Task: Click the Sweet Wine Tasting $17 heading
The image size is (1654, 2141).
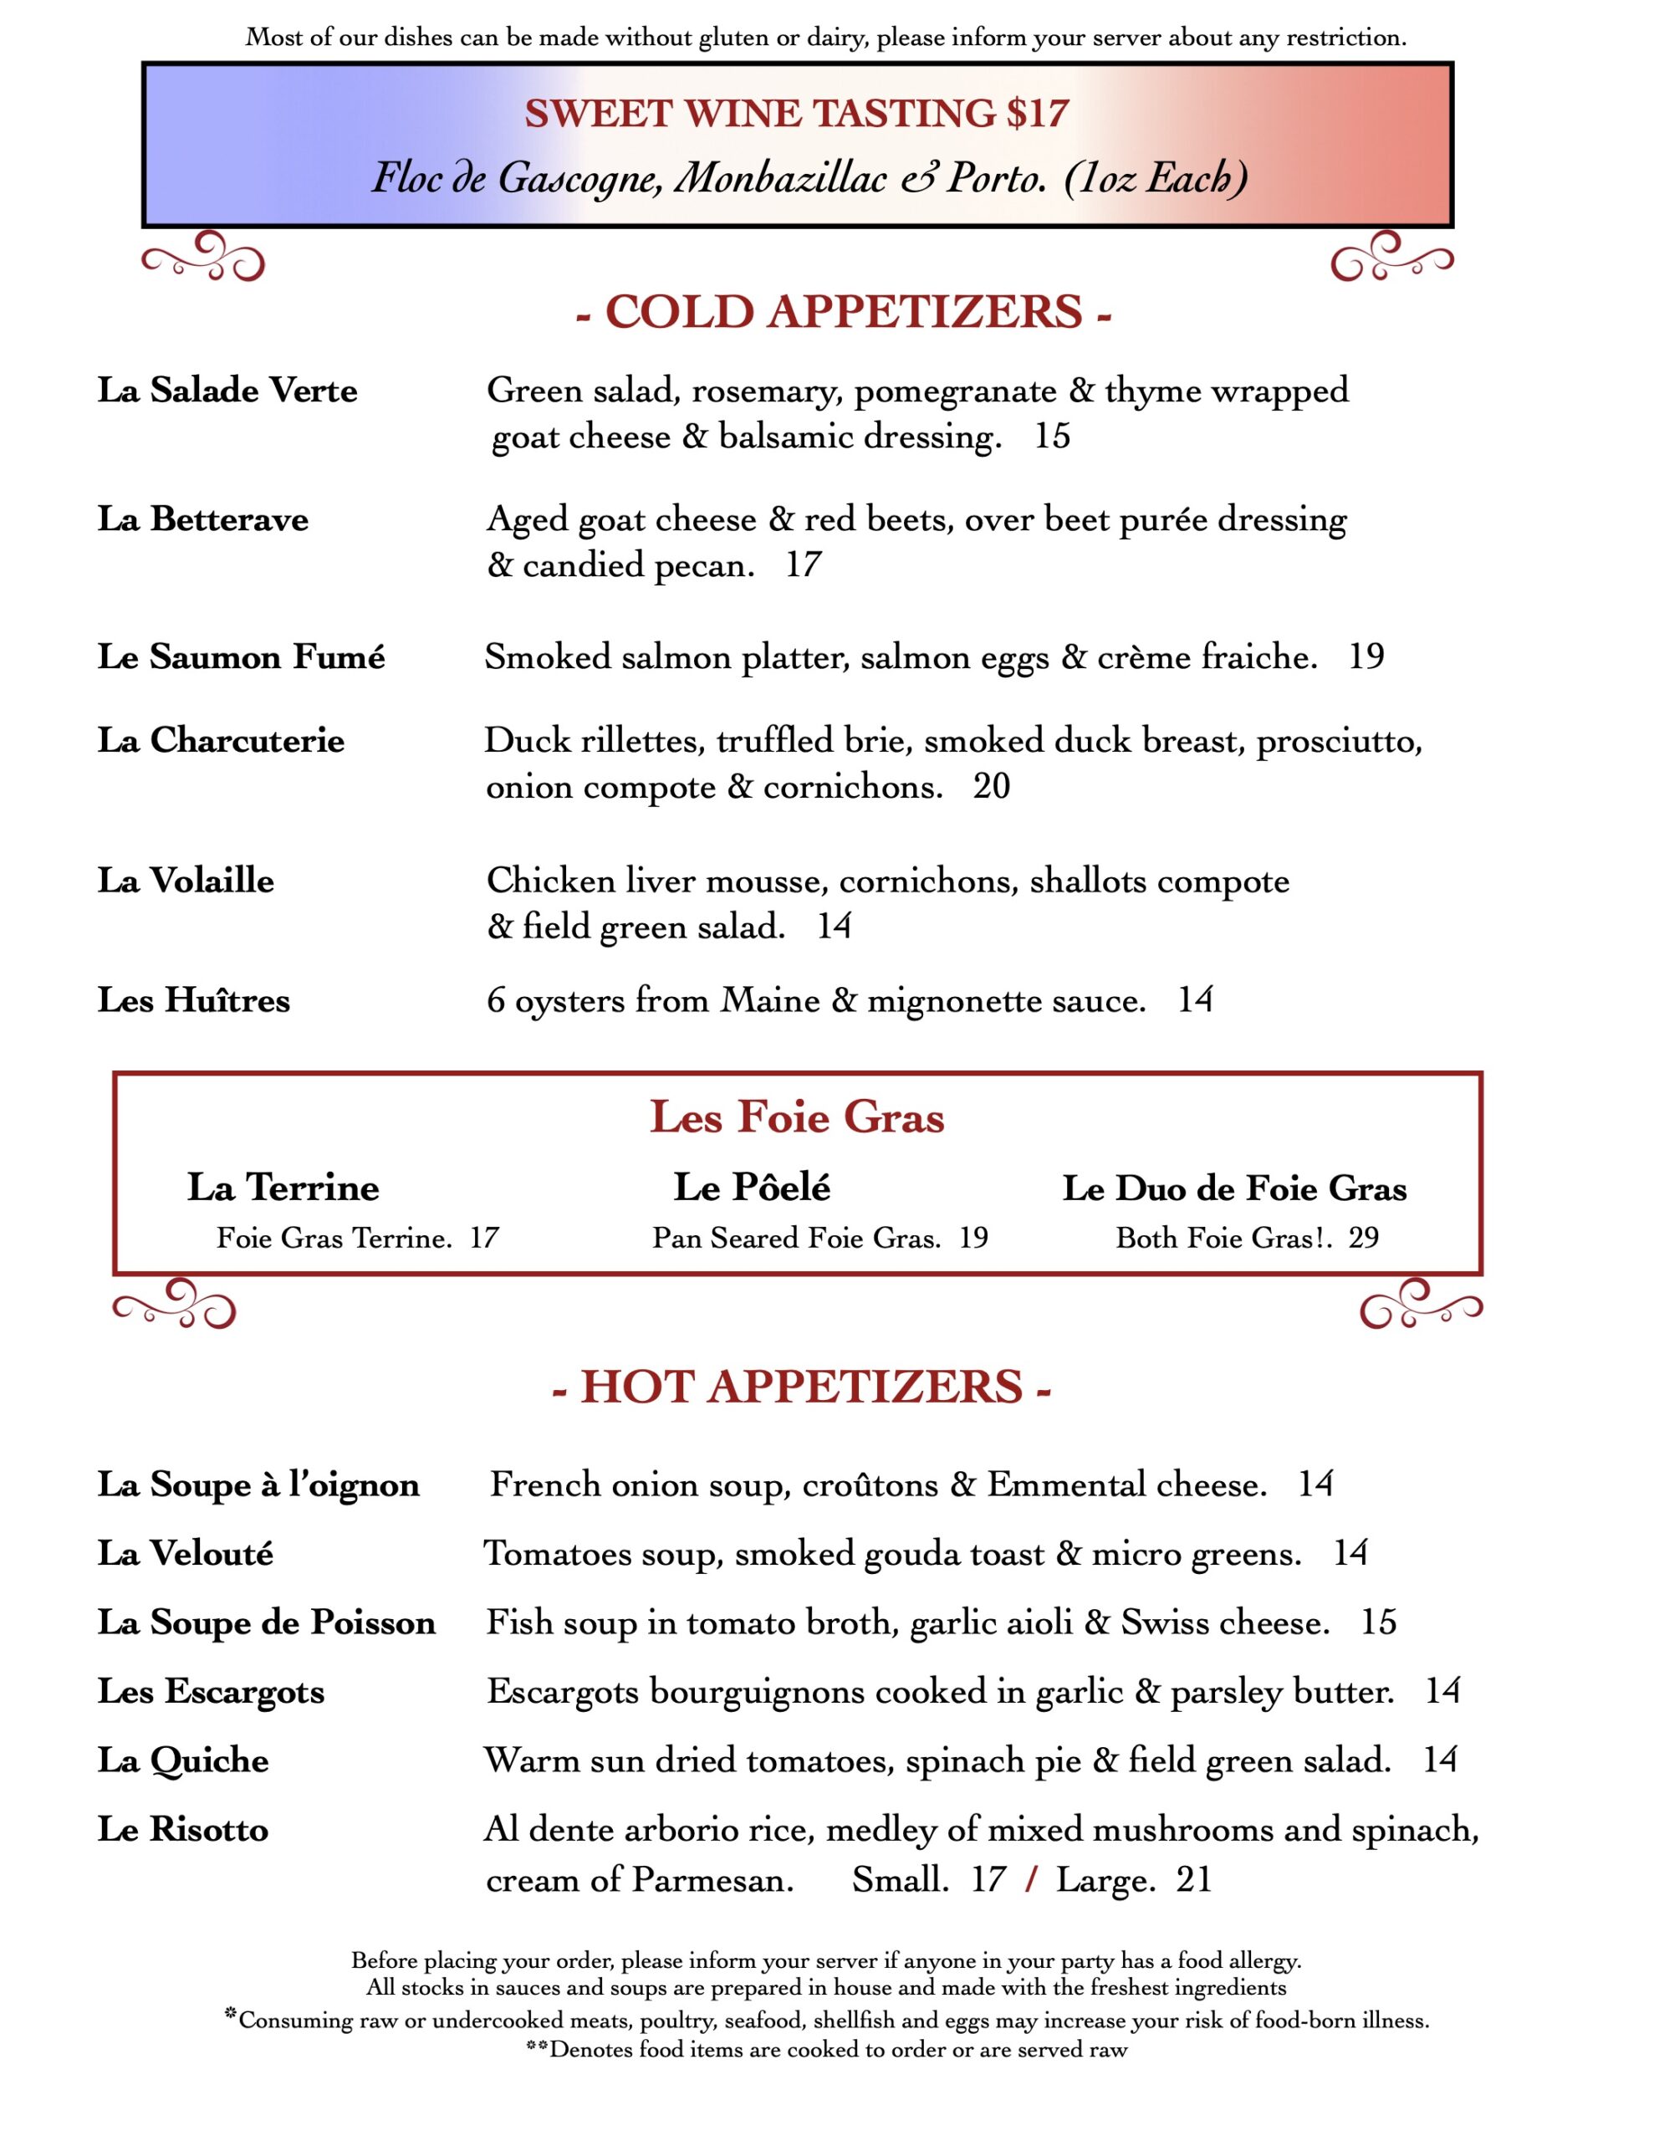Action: pos(796,114)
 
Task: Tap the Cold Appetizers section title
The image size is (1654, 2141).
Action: pos(843,313)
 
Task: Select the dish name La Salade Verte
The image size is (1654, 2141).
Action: pos(227,391)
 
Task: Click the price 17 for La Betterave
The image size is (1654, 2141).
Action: pos(803,565)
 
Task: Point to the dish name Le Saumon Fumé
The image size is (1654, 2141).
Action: pos(241,657)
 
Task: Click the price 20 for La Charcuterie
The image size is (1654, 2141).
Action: pos(991,786)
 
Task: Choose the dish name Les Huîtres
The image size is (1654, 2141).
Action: pos(194,1000)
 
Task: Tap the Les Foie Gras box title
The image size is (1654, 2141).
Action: pos(796,1117)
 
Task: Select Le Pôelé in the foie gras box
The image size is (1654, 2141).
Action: pos(752,1187)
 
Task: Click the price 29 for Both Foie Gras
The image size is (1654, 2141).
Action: pos(1363,1238)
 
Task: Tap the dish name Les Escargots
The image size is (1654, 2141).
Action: pos(211,1691)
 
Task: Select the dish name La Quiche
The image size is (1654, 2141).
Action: pos(183,1760)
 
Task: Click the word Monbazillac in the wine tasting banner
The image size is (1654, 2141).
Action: pos(780,178)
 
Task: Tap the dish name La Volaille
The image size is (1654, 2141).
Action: pos(186,881)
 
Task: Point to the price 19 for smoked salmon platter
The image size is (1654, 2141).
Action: pos(1366,657)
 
